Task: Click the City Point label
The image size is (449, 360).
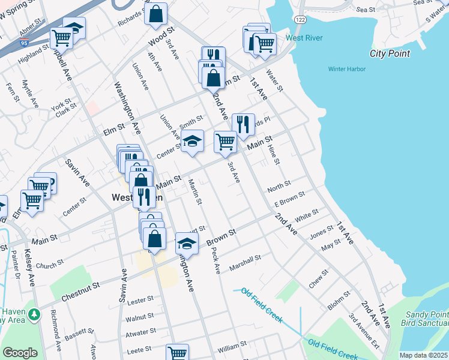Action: [390, 53]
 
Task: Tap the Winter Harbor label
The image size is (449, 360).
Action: [346, 69]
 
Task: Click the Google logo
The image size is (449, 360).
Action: [20, 353]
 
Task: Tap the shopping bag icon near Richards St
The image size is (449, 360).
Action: [156, 14]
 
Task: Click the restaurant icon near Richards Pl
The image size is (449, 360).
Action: [243, 125]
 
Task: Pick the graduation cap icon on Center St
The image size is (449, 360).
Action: [193, 142]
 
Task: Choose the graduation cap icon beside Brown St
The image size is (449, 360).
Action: [187, 243]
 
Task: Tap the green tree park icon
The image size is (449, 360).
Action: [35, 313]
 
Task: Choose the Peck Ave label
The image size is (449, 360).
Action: [216, 262]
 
